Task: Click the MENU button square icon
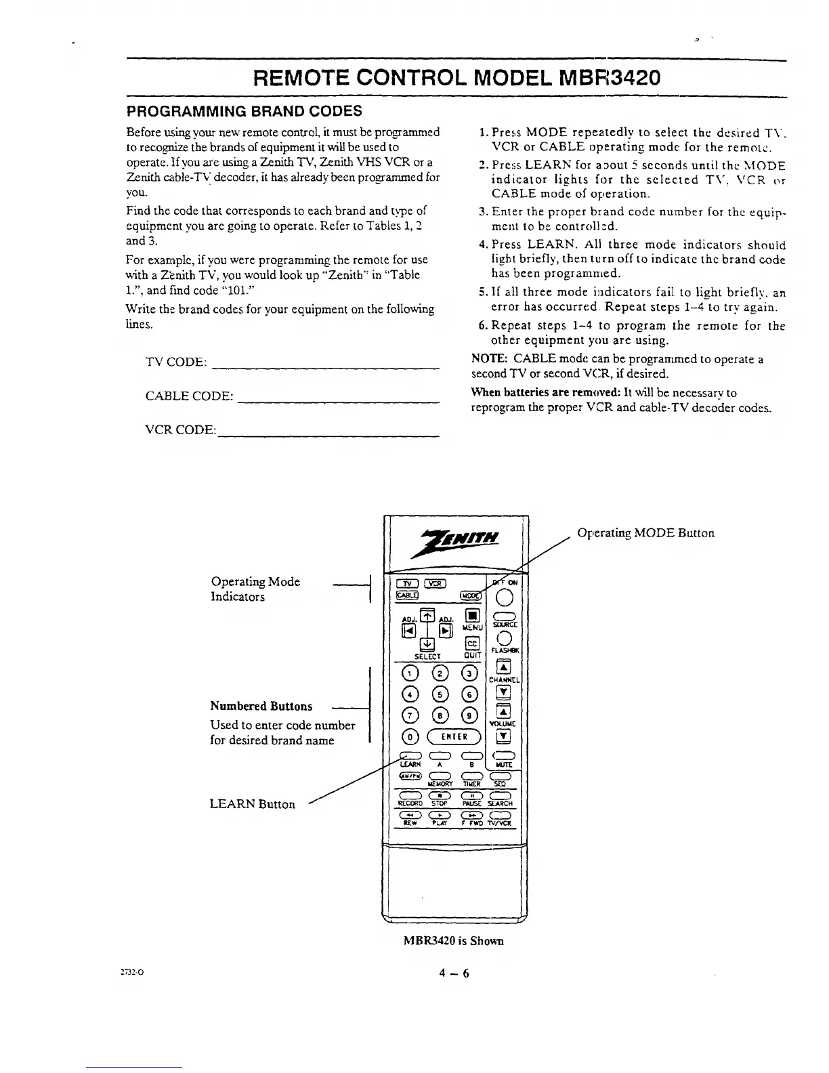click(x=473, y=616)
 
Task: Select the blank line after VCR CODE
click(x=328, y=434)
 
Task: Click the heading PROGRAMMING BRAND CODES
click(x=245, y=111)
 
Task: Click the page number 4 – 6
click(x=453, y=973)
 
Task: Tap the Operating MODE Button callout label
click(x=645, y=533)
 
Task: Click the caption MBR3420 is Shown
click(x=453, y=941)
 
